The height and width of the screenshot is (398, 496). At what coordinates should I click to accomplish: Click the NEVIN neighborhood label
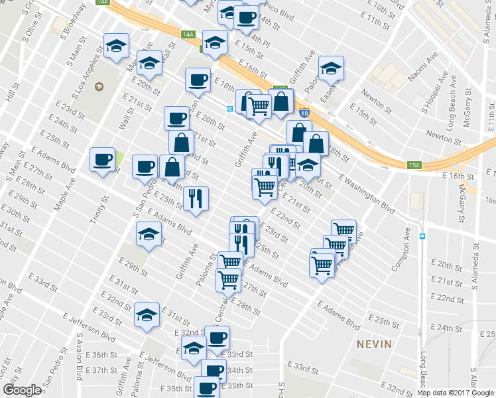(374, 344)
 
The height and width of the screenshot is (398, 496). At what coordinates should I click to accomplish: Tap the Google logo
(22, 390)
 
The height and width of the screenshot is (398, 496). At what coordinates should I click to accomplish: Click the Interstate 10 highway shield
(304, 113)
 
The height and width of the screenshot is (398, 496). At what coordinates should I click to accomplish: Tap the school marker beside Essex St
(331, 68)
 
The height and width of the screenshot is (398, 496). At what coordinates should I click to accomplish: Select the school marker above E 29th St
(149, 234)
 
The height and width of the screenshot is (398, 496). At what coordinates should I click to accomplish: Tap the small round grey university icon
(99, 87)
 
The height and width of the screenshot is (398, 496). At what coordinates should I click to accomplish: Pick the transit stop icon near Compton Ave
(422, 235)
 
